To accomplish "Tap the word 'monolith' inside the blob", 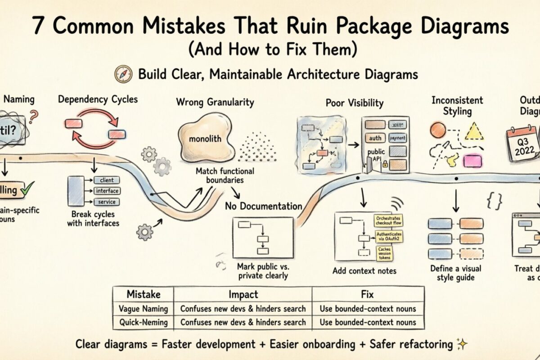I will (x=205, y=139).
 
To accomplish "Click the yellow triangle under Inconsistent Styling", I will (x=474, y=131).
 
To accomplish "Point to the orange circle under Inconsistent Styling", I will (x=437, y=130).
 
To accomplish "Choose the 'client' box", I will (x=107, y=180).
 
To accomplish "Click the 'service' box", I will (x=107, y=202).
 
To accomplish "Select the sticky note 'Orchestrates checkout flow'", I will (x=388, y=220).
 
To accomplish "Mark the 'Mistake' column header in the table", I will (x=143, y=295).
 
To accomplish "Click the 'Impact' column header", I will (x=243, y=295).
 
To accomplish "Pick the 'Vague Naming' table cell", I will (x=143, y=309).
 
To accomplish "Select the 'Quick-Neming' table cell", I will (x=143, y=322).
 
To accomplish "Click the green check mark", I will (x=27, y=190).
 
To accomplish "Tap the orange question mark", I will (x=33, y=118).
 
